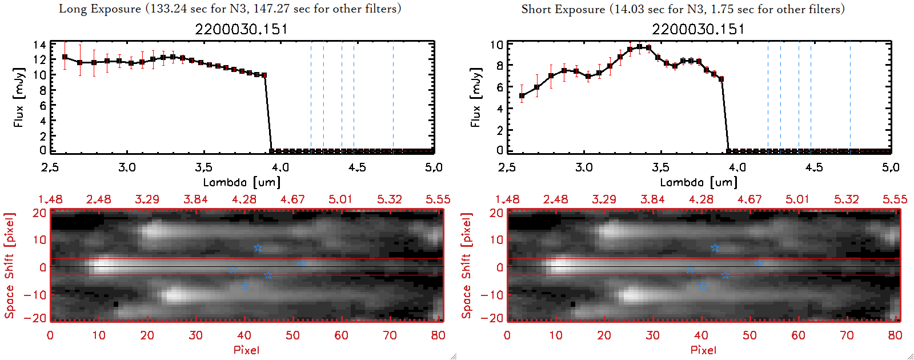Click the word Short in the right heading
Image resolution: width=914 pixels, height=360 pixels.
click(x=536, y=9)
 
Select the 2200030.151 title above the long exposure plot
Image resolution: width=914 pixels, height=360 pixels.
click(x=241, y=29)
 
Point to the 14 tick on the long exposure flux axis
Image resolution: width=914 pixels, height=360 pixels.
click(x=39, y=45)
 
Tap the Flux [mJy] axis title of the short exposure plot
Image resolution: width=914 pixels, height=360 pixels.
click(x=475, y=97)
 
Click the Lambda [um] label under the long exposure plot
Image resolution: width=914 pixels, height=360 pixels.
click(x=242, y=182)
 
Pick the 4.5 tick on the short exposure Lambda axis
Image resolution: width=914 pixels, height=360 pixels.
click(x=814, y=167)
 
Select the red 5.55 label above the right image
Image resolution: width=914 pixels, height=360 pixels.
click(x=895, y=199)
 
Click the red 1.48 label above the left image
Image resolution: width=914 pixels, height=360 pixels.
click(x=50, y=199)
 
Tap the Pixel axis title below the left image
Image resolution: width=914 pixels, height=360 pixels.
click(x=246, y=350)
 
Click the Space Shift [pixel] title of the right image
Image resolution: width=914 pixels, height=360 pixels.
click(x=467, y=265)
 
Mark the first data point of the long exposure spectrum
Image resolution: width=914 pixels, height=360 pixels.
click(x=65, y=57)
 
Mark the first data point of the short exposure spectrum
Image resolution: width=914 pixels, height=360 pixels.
click(x=522, y=96)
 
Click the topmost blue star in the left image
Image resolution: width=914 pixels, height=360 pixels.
click(x=258, y=248)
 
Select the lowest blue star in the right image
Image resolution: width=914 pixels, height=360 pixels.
click(x=702, y=285)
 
